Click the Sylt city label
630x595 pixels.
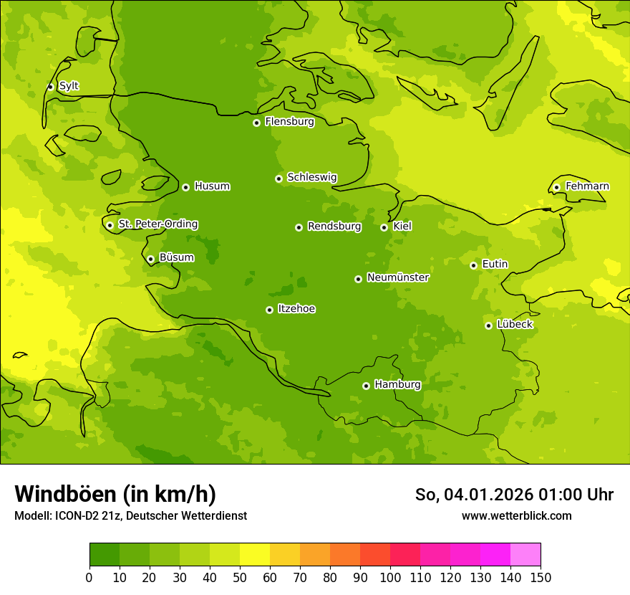(69, 86)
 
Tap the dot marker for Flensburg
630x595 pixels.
(256, 123)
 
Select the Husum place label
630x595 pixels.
(212, 186)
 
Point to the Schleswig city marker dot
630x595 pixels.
(278, 178)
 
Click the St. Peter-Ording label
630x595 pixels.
(157, 224)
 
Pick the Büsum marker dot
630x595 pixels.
(150, 259)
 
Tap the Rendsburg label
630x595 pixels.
(334, 227)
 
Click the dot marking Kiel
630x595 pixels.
(384, 227)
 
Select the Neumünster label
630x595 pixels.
(398, 277)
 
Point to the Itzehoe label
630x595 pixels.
(296, 309)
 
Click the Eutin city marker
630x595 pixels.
(473, 265)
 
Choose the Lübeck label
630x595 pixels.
(515, 325)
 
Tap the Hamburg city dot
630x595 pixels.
(366, 386)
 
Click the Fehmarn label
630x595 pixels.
(587, 186)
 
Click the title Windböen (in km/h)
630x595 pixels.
(115, 494)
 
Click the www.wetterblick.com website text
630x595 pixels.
(516, 515)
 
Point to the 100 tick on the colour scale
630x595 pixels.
(390, 577)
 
